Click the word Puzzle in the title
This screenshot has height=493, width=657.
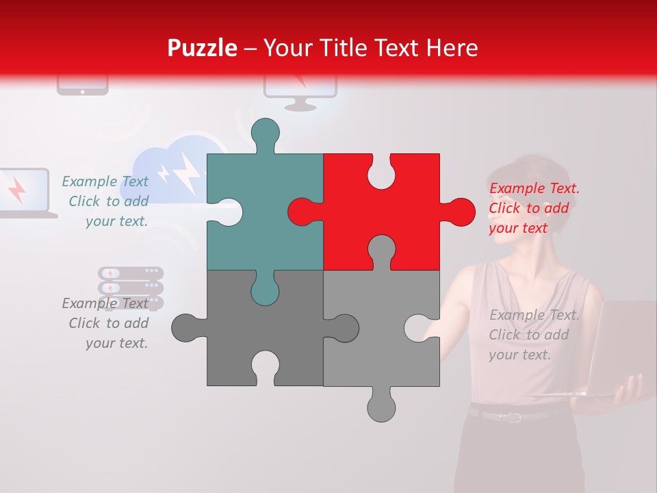click(x=202, y=48)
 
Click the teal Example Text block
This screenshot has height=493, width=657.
click(x=107, y=201)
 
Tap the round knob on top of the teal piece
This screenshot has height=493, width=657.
click(x=265, y=132)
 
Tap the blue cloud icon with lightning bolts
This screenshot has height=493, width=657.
click(x=171, y=168)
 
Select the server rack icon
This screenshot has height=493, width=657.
click(x=131, y=285)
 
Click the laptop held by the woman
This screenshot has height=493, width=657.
click(x=616, y=349)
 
